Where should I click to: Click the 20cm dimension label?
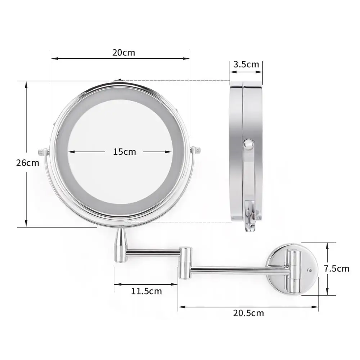coord(123,53)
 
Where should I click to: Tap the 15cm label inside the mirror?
coord(125,152)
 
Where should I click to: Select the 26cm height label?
coord(27,163)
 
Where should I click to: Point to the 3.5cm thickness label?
coord(246,64)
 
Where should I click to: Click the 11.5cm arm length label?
coord(146,291)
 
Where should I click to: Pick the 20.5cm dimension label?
coord(248,313)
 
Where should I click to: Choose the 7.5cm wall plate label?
coord(336,269)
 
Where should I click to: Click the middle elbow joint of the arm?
coord(185,262)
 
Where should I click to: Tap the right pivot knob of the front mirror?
coord(195,150)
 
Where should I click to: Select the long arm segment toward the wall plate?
coord(238,269)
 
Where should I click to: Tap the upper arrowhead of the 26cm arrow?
coord(26,85)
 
